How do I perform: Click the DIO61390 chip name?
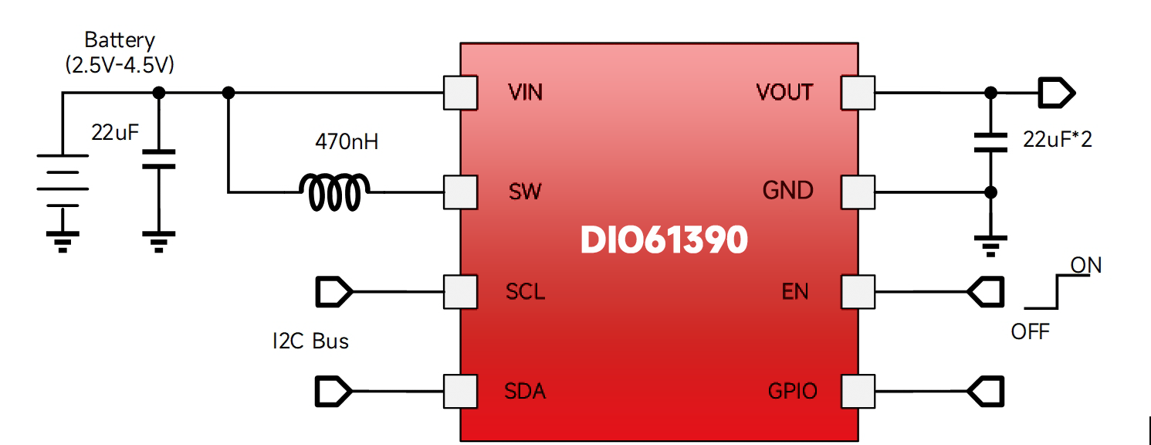[x=664, y=240]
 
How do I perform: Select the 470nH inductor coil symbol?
[x=334, y=192]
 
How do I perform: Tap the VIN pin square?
[x=460, y=93]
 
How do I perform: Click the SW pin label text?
[x=525, y=192]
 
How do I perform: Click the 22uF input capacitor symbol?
[x=158, y=158]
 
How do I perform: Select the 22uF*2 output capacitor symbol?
[x=991, y=141]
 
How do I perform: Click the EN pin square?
[x=858, y=292]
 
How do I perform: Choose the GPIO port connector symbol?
[x=987, y=391]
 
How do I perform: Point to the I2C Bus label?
[x=310, y=341]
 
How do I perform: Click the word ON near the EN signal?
[x=1085, y=266]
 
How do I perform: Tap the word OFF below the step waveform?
[x=1030, y=331]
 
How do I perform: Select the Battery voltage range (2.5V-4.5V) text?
[x=120, y=65]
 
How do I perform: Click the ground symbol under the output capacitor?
[x=991, y=246]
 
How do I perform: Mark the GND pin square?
[x=858, y=192]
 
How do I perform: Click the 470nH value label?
[x=347, y=142]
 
